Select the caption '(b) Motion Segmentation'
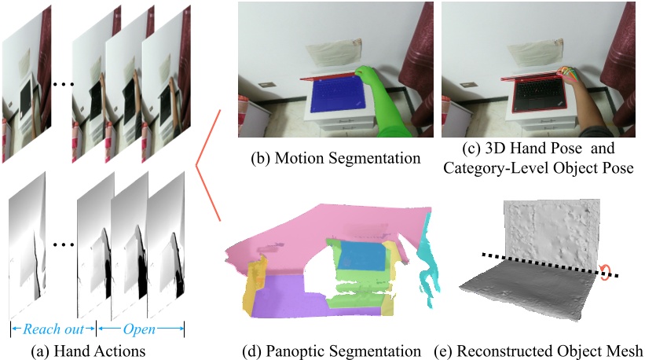click(x=335, y=157)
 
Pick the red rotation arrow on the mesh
click(x=606, y=271)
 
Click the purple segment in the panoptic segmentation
click(x=291, y=295)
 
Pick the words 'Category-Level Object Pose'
click(x=539, y=167)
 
